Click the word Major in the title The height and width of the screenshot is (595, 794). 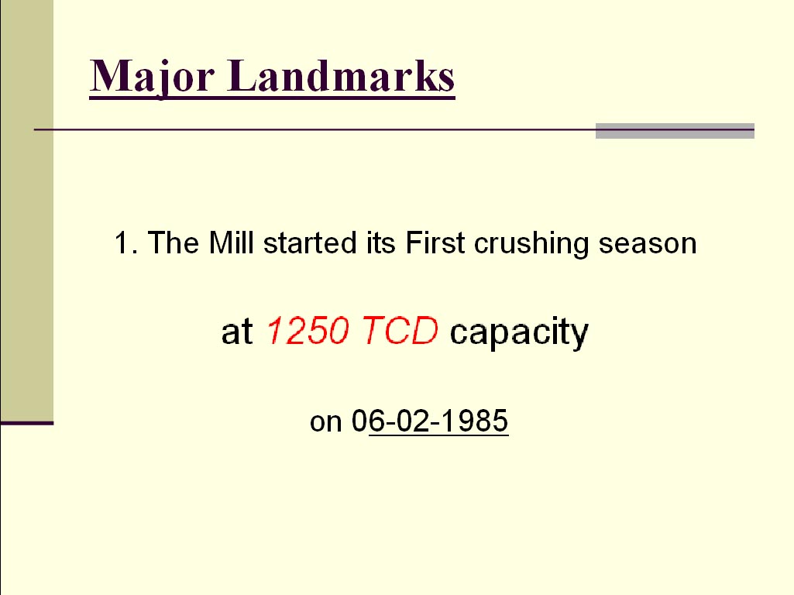click(151, 77)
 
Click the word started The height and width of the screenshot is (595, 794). click(310, 242)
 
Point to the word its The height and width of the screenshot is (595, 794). click(381, 242)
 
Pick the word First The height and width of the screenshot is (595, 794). click(435, 242)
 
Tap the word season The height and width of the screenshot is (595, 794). click(648, 244)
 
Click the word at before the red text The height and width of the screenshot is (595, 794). click(237, 332)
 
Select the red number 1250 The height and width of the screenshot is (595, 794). click(308, 331)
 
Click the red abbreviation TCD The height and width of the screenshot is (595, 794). click(400, 331)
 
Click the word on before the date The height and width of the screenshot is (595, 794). click(326, 421)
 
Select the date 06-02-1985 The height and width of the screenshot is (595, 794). click(430, 421)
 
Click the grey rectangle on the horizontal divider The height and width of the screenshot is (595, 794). click(675, 131)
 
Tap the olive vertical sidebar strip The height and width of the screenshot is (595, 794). click(27, 210)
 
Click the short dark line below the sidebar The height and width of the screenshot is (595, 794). click(27, 423)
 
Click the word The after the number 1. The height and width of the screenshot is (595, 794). click(174, 242)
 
